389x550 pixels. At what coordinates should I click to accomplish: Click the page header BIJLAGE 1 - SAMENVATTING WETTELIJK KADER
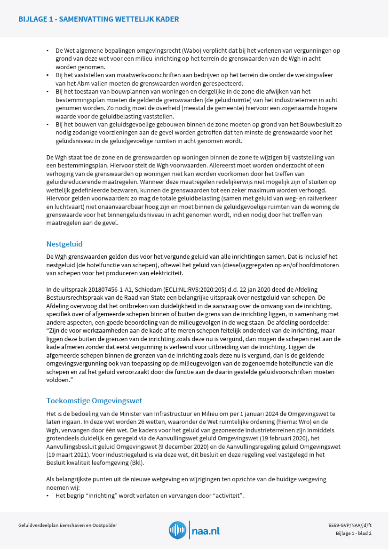[x=98, y=19]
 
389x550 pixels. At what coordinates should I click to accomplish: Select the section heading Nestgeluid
[x=64, y=244]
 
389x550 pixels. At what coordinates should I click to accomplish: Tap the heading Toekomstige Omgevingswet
[x=94, y=400]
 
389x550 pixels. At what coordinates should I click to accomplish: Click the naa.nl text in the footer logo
[x=206, y=531]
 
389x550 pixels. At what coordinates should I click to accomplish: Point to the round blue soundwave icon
[x=177, y=530]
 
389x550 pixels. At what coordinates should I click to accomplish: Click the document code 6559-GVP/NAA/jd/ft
[x=350, y=525]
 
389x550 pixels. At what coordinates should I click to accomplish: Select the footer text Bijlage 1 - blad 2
[x=354, y=534]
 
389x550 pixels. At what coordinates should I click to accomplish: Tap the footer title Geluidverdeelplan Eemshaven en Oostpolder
[x=68, y=525]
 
